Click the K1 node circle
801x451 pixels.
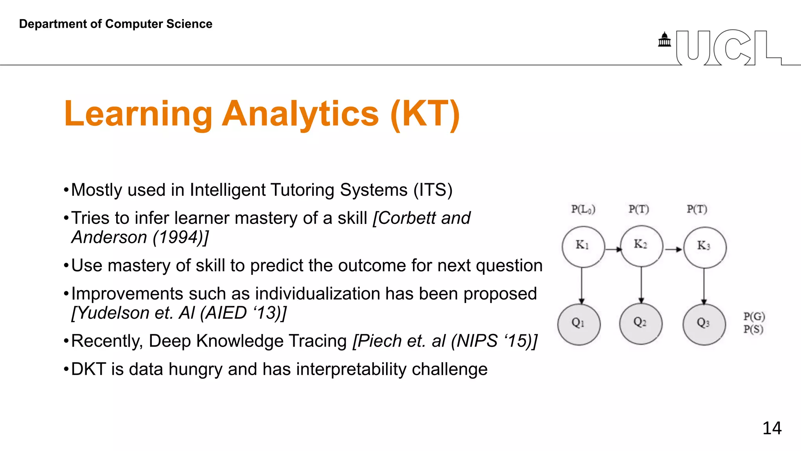pos(583,247)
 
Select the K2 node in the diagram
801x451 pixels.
pos(641,246)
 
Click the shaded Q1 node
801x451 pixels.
pos(579,324)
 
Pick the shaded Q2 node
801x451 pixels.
pos(641,323)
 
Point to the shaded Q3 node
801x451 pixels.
pos(704,324)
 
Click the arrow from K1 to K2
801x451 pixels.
pos(613,249)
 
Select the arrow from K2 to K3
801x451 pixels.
pos(673,249)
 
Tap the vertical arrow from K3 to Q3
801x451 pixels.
pos(704,286)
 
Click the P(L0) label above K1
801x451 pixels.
pos(583,209)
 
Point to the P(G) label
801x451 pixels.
pos(754,316)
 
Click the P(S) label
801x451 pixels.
pos(753,329)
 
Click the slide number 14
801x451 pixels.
pos(772,428)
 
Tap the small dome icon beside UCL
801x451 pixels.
pos(664,40)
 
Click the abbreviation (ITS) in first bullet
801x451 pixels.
pos(433,190)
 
